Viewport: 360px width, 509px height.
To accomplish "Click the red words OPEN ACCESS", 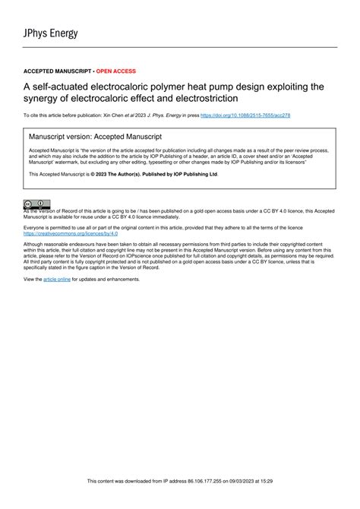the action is [115, 71].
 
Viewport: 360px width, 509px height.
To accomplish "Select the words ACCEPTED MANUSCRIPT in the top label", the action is [57, 71].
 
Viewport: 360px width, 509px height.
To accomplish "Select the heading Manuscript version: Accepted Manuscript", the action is [95, 137].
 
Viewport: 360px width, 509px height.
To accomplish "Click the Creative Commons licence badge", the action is [36, 204].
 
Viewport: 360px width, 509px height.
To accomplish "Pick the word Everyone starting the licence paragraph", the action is [36, 227].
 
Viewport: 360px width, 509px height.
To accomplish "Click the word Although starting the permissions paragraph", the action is [36, 245].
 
